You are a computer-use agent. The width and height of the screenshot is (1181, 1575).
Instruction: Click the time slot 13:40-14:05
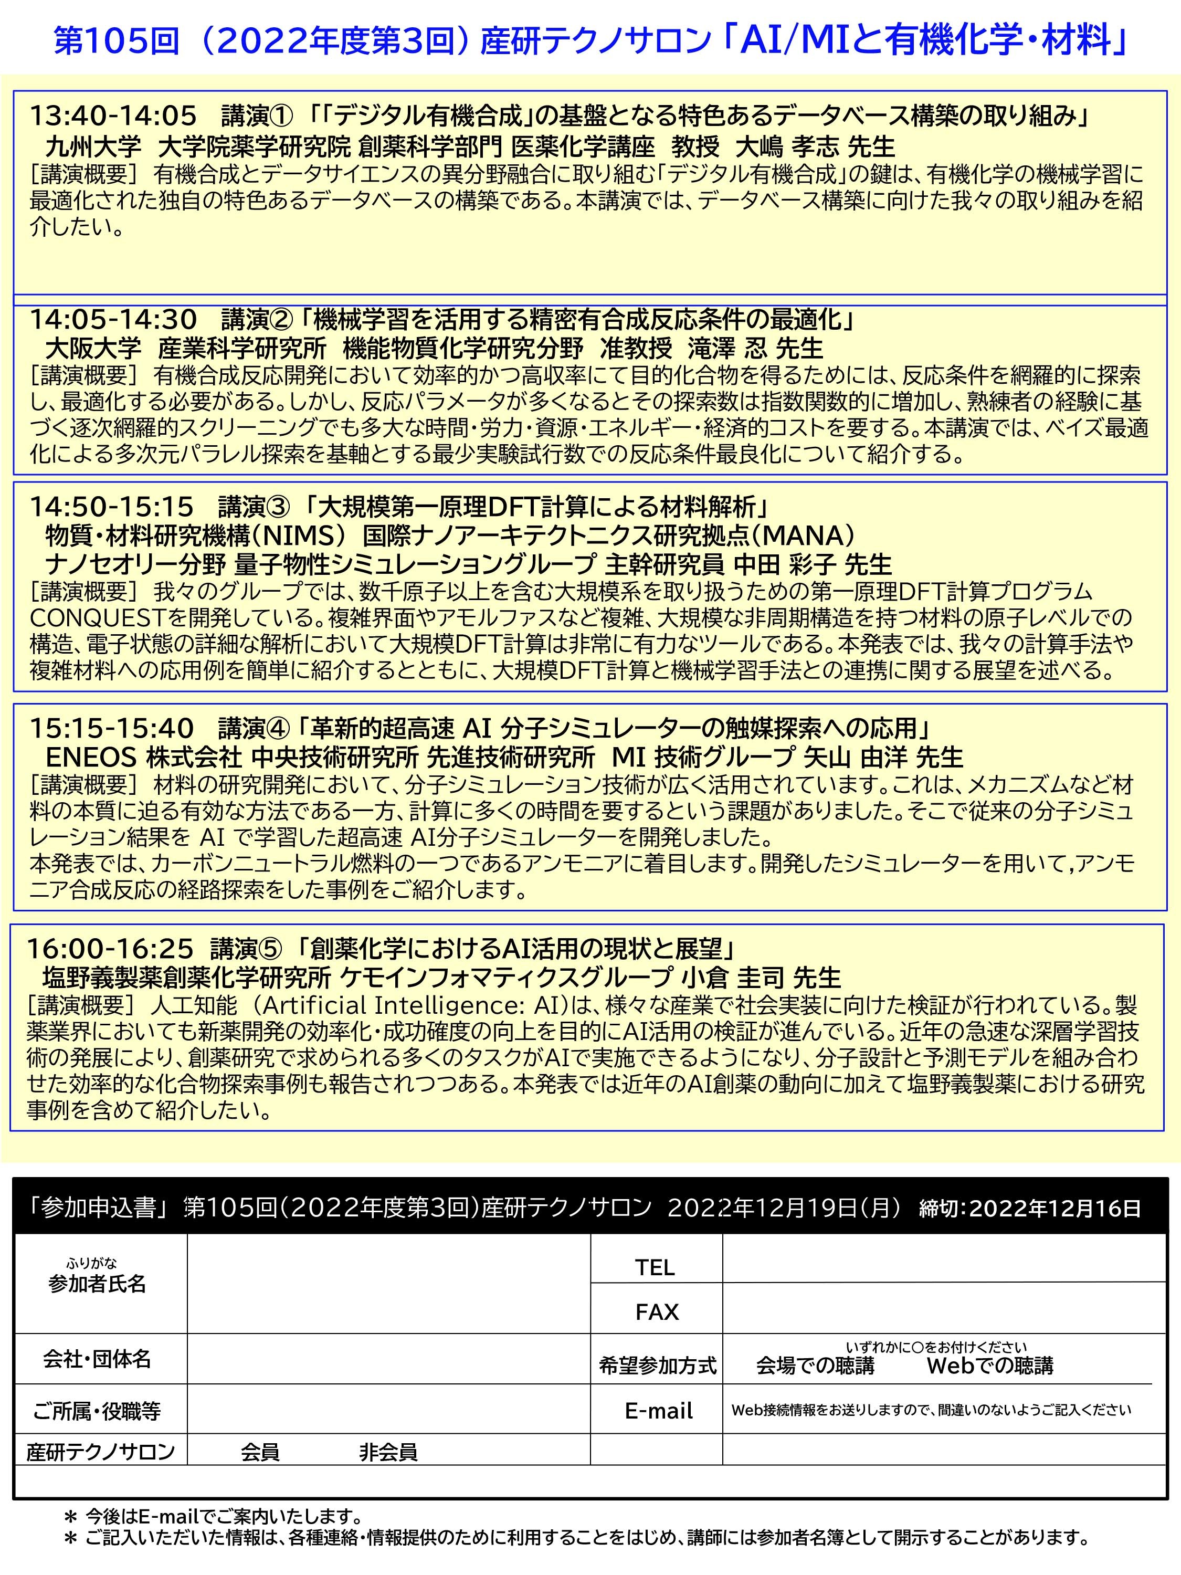tap(112, 115)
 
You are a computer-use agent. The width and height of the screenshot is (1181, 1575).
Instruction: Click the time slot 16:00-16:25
tap(110, 949)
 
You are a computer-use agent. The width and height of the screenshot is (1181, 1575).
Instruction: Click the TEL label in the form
tap(655, 1267)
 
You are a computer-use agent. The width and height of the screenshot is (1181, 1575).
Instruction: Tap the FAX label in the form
tap(656, 1311)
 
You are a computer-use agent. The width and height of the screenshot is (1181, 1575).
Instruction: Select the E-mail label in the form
tap(659, 1411)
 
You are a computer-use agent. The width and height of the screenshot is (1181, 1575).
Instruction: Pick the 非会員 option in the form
tap(388, 1452)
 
